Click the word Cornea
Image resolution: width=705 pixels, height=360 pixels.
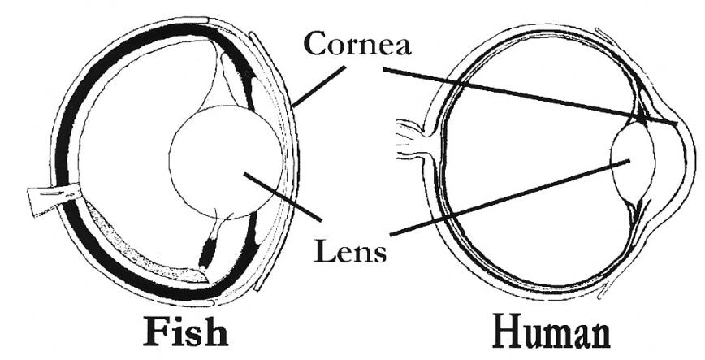tap(357, 45)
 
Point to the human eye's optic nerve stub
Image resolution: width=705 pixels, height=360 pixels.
tap(411, 138)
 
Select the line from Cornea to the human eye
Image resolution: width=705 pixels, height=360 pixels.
tap(528, 95)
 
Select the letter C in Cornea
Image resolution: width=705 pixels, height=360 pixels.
tap(313, 45)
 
